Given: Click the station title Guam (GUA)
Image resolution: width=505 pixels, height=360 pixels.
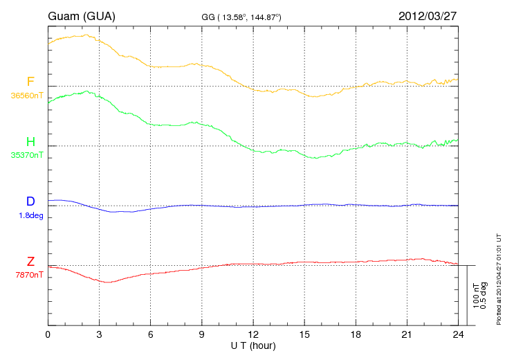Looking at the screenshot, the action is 82,16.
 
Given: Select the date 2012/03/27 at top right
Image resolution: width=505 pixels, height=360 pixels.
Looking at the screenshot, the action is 428,16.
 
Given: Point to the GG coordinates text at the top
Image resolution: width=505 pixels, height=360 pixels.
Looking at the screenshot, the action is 241,17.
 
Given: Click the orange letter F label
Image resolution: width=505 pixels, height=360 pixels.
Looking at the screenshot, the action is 30,82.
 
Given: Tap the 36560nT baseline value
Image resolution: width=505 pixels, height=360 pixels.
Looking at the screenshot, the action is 27,96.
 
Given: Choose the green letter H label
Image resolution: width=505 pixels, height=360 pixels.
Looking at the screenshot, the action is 30,141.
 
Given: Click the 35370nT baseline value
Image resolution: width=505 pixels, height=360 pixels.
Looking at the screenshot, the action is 27,155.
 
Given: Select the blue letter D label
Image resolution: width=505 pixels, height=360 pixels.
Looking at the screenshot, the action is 30,201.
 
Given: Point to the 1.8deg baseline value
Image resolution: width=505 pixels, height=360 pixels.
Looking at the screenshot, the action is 31,215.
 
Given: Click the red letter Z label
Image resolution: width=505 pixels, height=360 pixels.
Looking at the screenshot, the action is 30,261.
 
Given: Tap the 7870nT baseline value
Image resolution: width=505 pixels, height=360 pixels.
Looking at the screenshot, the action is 29,275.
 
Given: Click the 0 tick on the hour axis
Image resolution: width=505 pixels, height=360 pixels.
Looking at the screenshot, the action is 48,334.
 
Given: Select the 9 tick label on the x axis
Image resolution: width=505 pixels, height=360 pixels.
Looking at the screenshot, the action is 201,334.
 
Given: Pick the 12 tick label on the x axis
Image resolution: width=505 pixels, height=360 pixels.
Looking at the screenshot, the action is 253,334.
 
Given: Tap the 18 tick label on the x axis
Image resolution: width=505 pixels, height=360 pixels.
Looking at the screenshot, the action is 356,334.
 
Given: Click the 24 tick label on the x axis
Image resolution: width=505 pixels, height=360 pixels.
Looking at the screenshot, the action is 458,334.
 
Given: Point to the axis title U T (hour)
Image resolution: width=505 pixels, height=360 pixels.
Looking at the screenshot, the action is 253,346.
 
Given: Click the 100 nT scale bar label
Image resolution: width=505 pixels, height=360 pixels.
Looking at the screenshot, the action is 476,296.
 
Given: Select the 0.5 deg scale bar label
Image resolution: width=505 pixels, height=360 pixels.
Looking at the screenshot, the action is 484,296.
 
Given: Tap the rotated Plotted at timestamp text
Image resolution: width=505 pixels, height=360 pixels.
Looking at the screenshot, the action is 499,279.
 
